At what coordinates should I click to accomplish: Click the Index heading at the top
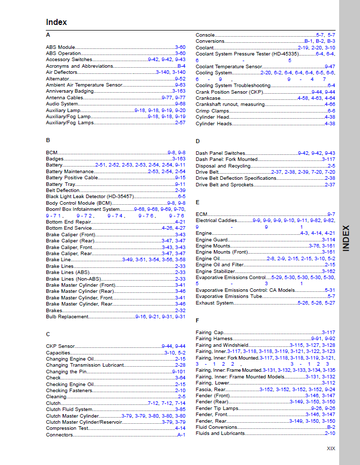(56, 22)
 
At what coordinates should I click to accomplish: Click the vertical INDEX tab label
(346, 238)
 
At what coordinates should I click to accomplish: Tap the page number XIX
(331, 449)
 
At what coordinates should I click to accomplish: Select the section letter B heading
(48, 140)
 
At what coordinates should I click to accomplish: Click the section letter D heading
(198, 141)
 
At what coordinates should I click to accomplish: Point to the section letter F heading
(198, 320)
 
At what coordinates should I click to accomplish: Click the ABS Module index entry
(61, 47)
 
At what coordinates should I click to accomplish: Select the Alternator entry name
(57, 79)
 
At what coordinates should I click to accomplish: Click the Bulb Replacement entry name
(67, 317)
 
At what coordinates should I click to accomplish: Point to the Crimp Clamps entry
(212, 111)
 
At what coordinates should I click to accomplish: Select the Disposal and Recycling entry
(223, 166)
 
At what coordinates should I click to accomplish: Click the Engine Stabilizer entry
(215, 271)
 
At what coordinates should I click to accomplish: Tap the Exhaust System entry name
(214, 303)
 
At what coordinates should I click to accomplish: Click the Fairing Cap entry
(210, 333)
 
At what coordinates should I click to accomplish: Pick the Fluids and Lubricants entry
(220, 433)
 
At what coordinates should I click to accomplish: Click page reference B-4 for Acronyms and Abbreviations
(181, 66)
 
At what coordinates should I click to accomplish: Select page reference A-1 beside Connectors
(181, 435)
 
